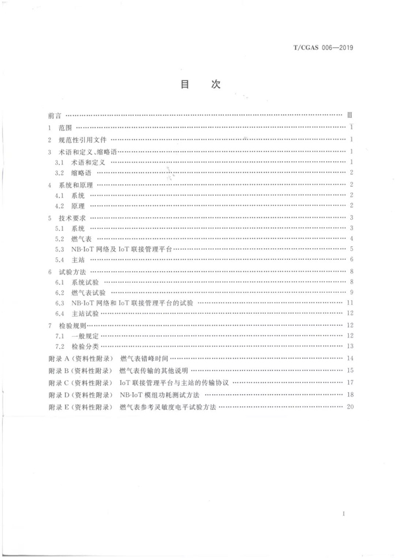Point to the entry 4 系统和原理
click(x=72, y=185)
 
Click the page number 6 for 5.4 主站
click(x=353, y=261)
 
